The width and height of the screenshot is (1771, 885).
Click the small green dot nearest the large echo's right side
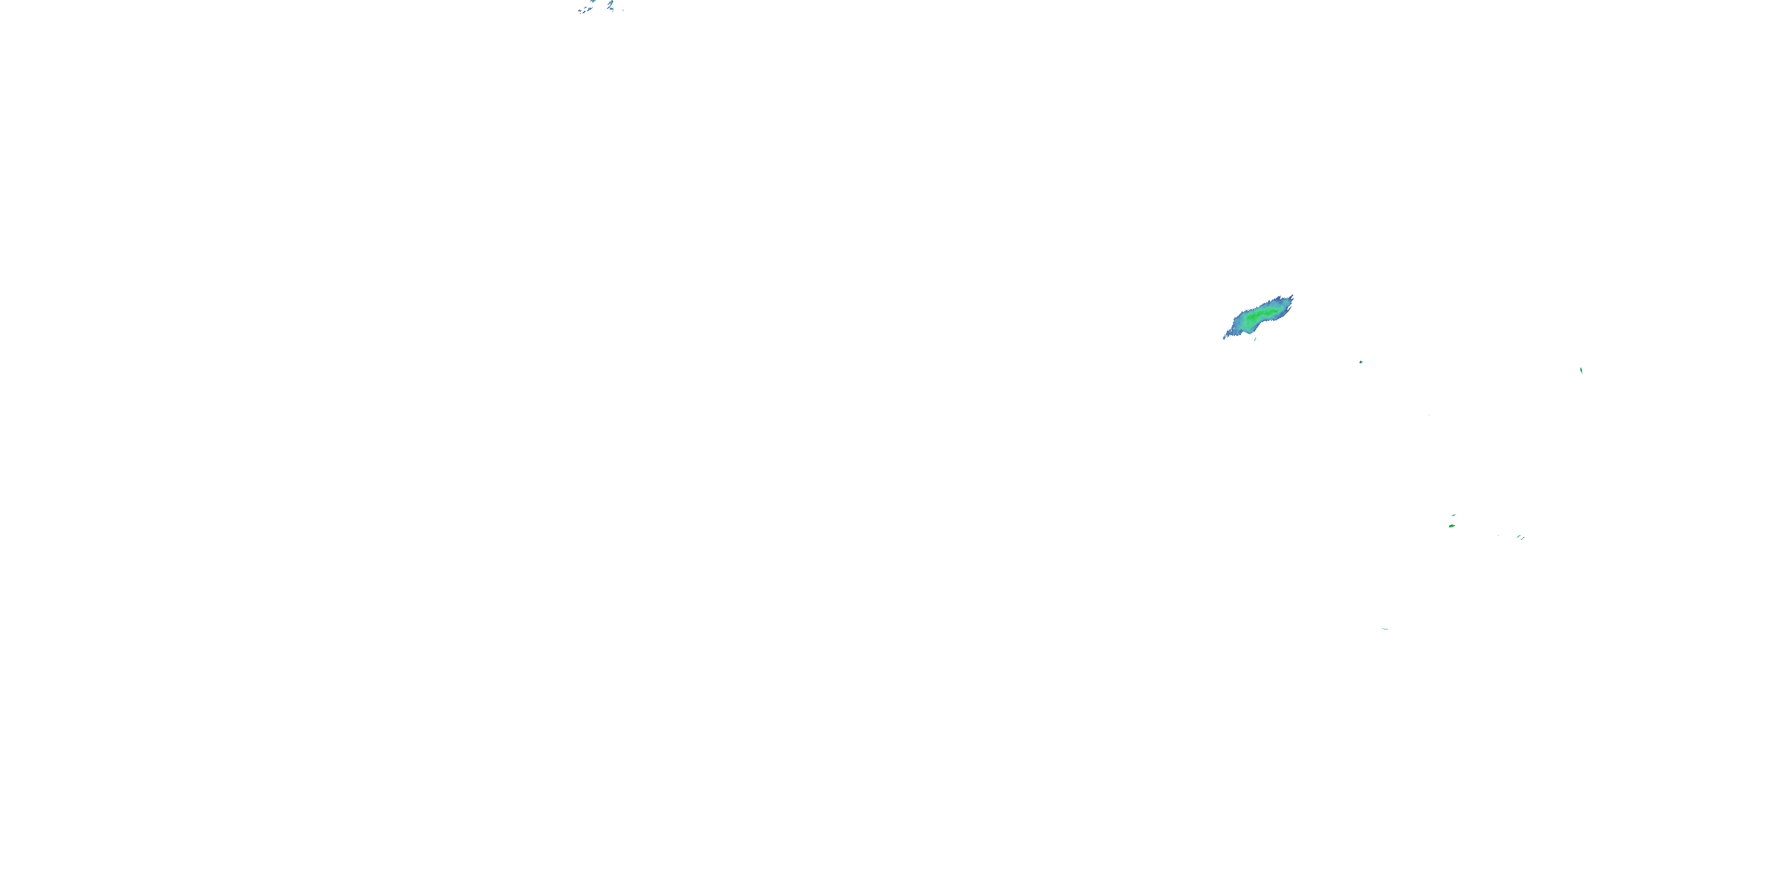click(1361, 362)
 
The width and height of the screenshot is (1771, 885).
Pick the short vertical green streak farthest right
click(1582, 371)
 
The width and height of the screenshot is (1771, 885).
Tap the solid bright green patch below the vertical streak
click(1452, 526)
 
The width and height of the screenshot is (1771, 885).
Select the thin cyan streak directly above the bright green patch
click(1454, 515)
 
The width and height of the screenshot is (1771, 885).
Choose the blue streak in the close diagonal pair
click(1523, 539)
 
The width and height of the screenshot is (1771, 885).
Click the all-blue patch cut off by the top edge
click(593, 1)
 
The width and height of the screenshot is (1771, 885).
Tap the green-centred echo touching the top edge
click(611, 3)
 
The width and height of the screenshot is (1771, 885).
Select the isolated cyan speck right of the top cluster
click(623, 10)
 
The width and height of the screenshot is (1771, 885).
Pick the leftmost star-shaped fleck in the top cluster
click(580, 10)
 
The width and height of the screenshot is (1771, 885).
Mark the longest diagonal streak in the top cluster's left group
click(590, 9)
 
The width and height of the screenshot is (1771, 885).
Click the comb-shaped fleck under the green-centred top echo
click(612, 9)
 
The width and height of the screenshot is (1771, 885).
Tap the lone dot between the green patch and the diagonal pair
click(1499, 535)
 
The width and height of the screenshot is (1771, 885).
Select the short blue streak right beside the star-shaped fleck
click(584, 12)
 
